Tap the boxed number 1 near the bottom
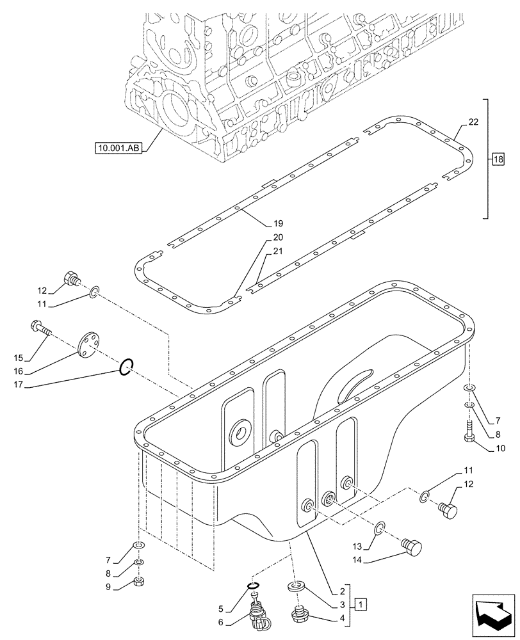click(361, 604)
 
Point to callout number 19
click(277, 224)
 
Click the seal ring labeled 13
click(380, 527)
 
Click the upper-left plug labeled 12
click(72, 279)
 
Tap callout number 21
click(277, 252)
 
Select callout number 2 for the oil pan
click(343, 591)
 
